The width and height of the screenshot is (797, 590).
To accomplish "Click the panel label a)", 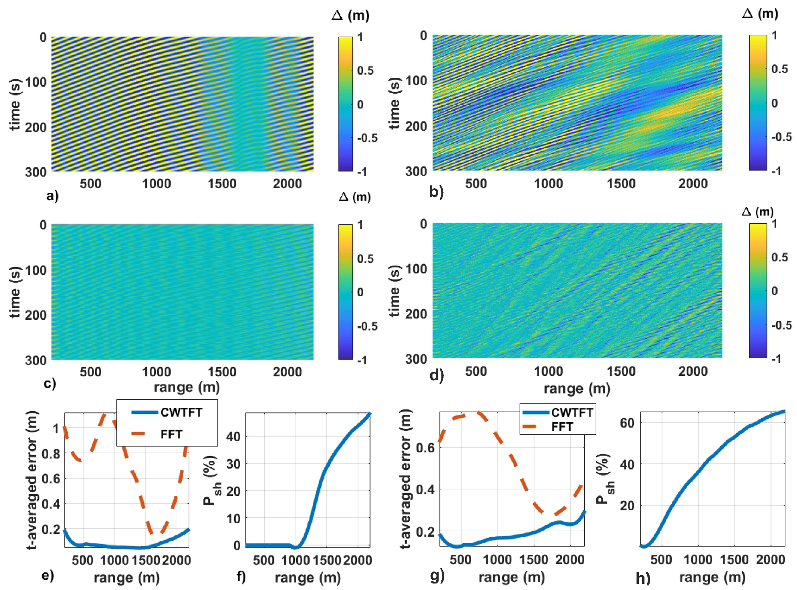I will pos(52,196).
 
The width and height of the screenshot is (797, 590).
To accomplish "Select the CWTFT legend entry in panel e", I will pos(181,412).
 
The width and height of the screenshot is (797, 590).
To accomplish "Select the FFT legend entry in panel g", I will pos(561,427).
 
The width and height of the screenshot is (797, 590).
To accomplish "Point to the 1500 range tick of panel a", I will pos(222,184).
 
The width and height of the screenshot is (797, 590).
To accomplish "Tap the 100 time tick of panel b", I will pos(416,81).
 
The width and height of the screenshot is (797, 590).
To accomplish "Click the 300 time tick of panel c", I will pos(36,360).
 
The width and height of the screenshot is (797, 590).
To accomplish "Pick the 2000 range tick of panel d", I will pos(693,371).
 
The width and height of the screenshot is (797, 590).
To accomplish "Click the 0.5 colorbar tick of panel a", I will pos(365,70).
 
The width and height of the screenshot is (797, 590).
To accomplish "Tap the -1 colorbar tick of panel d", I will pos(775,359).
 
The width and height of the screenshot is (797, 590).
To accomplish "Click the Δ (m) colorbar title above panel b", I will pos(760,13).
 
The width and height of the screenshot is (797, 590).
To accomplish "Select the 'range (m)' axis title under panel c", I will pos(186,387).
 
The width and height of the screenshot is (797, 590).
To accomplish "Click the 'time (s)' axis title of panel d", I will pos(395,291).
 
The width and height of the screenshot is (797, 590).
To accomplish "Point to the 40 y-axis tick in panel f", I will pos(233,436).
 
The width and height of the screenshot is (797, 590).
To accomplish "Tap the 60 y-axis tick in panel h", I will pos(627,423).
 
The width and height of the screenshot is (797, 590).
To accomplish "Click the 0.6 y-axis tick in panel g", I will pos(425,448).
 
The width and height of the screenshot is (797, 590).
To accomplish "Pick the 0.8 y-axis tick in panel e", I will pos(51,454).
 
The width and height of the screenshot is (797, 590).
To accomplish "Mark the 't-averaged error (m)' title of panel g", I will pos(406,479).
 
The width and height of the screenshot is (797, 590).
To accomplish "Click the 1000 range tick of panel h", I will pos(698,560).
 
